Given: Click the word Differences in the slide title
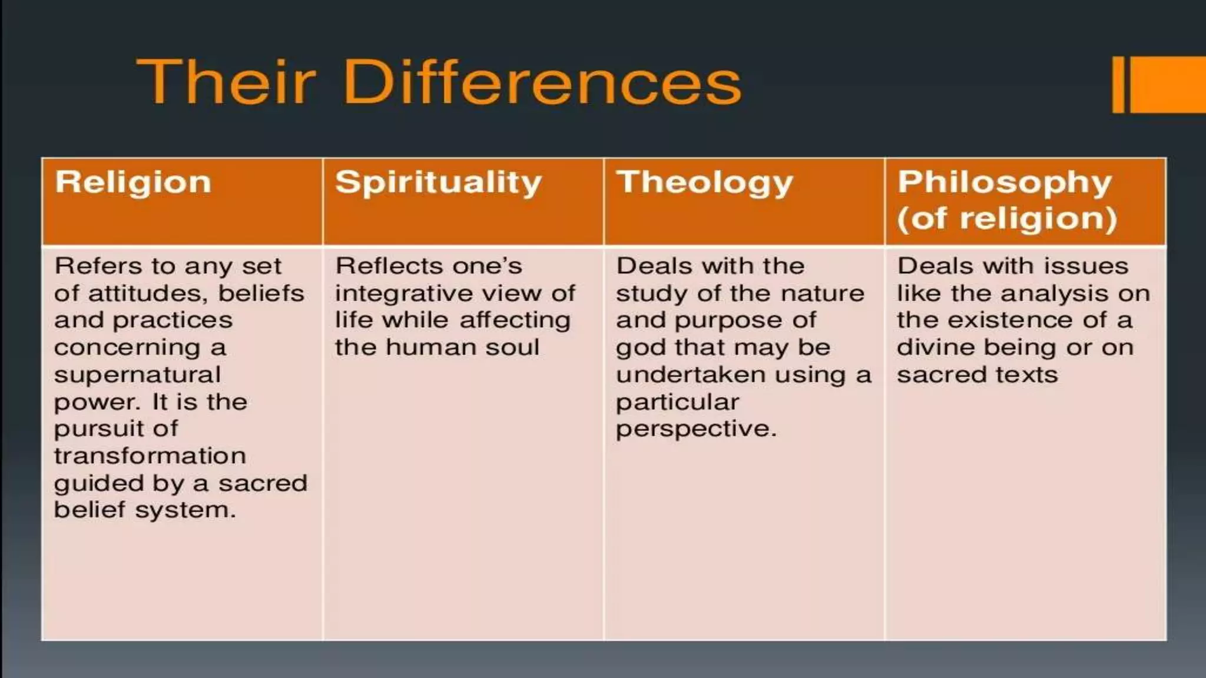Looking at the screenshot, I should (x=542, y=82).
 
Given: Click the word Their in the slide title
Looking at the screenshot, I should (x=226, y=82).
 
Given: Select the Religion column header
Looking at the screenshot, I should (x=133, y=182).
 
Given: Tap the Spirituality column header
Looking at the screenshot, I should (x=438, y=182).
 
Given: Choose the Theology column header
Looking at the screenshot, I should (x=704, y=182).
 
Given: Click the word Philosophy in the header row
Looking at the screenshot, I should (x=1005, y=182).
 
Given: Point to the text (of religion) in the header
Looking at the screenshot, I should (x=1007, y=218).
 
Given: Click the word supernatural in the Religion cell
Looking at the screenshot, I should (x=137, y=375).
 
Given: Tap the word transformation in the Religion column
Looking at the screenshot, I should (x=150, y=456).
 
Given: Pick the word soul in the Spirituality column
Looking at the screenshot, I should (x=512, y=347).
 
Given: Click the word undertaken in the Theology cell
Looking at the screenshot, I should (x=690, y=375).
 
